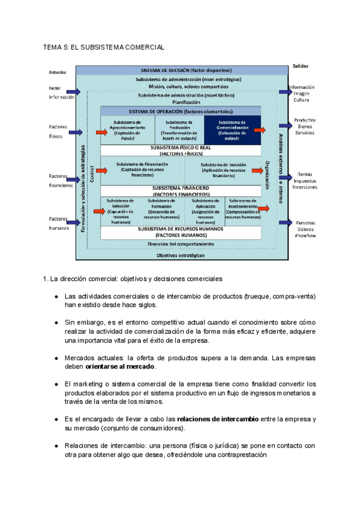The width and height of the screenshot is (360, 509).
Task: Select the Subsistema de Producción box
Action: click(x=179, y=130)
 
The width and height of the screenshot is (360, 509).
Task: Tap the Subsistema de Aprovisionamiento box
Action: click(x=128, y=130)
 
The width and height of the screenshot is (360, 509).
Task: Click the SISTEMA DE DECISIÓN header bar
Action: click(x=182, y=70)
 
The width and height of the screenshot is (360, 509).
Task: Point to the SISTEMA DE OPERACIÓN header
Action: click(x=181, y=112)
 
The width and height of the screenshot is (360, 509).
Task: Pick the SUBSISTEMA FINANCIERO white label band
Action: click(x=181, y=191)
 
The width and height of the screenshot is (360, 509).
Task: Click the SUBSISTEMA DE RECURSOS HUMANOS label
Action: click(x=181, y=232)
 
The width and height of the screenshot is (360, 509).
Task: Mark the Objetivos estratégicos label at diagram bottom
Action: click(x=181, y=255)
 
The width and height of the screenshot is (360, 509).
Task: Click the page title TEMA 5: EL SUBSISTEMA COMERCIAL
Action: click(x=104, y=47)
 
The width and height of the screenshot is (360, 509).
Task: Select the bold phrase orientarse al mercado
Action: click(x=120, y=366)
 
